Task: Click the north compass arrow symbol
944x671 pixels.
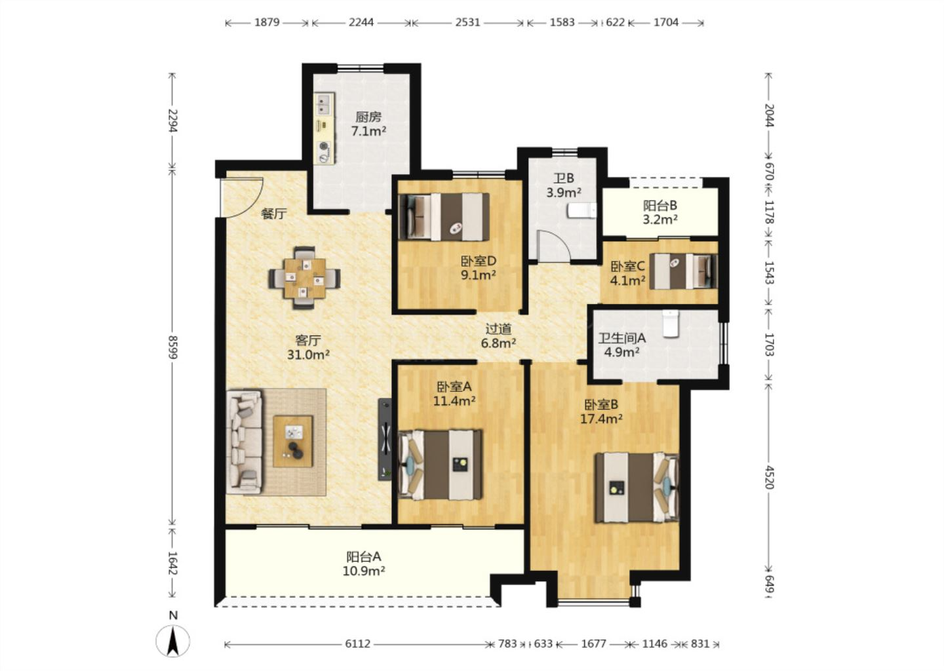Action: [173, 641]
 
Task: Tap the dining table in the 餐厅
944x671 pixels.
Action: [305, 278]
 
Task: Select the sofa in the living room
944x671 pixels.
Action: [244, 442]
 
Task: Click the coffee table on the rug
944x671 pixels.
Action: [293, 442]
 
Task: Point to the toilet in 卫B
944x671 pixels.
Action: [581, 210]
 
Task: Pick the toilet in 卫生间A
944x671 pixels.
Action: [670, 324]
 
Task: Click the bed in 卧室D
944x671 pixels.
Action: [444, 217]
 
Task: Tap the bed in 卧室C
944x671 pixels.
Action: [683, 271]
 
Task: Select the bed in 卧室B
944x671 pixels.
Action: [637, 488]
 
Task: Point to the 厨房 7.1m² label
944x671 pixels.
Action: [368, 124]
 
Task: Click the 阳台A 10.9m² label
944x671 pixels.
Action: [365, 564]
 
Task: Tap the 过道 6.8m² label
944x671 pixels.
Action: [498, 335]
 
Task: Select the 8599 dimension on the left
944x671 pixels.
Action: [172, 347]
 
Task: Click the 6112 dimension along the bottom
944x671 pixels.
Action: [357, 643]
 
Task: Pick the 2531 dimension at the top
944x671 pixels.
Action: [467, 22]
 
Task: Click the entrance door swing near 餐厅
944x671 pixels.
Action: [241, 197]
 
